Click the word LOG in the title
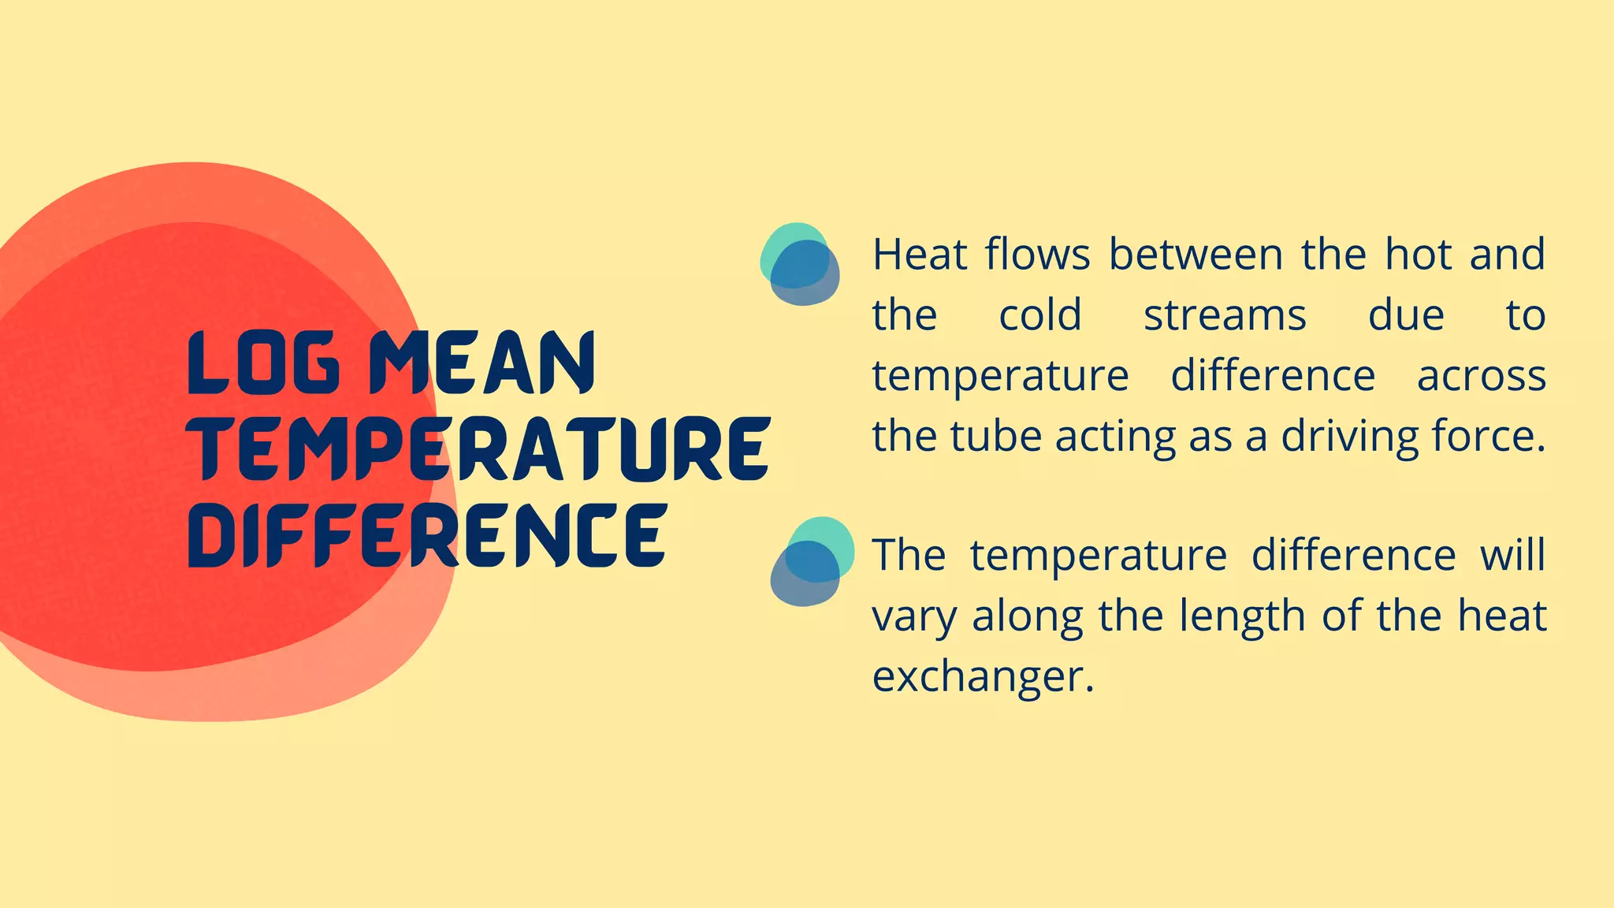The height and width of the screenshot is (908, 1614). click(265, 363)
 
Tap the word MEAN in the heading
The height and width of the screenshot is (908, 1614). click(482, 363)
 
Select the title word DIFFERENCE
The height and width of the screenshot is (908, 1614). click(428, 535)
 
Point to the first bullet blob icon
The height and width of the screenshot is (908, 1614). click(799, 264)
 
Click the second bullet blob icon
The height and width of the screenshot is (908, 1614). click(812, 561)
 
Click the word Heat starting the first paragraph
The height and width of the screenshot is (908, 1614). click(919, 255)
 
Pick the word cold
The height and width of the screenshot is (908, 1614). click(1040, 316)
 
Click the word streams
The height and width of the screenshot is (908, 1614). click(1225, 316)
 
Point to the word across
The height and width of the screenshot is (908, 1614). click(1482, 376)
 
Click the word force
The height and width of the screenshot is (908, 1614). click(1488, 437)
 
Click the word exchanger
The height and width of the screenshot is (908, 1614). click(982, 676)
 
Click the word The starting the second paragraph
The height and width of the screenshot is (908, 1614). click(909, 556)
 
